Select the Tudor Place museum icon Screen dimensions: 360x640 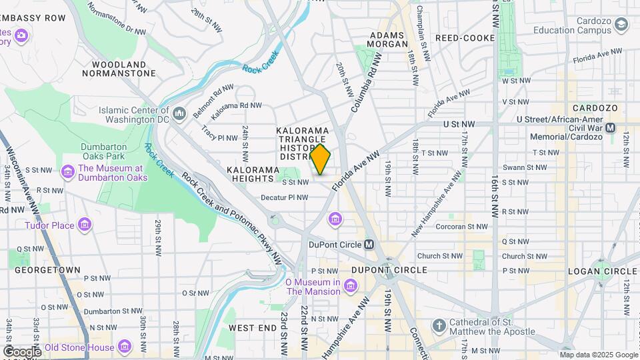click(85, 225)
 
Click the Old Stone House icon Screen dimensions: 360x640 click(124, 347)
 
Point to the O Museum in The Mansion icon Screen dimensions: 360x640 click(351, 287)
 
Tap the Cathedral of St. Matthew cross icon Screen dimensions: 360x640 click(438, 326)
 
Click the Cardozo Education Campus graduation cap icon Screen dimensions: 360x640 click(621, 25)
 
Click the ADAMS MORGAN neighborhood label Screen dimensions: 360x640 click(388, 39)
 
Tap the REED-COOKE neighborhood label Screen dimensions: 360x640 click(465, 38)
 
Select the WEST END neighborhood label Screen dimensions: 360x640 click(252, 328)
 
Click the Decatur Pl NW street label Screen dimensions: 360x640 click(285, 197)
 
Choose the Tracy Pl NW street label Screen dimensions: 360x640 click(219, 138)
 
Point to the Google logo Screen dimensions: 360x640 click(22, 352)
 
